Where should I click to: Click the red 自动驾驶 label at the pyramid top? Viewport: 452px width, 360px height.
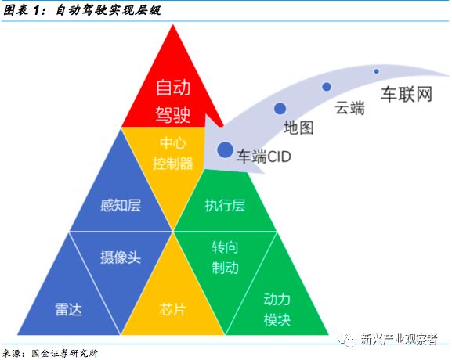tap(173, 101)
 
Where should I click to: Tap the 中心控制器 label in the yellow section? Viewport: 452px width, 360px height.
tap(172, 153)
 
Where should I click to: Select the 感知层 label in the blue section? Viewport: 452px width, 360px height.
tap(121, 205)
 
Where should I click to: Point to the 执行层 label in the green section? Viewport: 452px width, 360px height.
tap(225, 205)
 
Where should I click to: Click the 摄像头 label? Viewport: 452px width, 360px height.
tap(121, 257)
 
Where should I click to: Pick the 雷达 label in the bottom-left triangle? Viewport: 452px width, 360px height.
tap(69, 310)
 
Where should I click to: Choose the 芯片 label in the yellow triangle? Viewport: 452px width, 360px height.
tap(172, 310)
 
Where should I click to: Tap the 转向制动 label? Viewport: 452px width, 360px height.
tap(225, 257)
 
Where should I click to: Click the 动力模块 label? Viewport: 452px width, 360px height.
tap(277, 309)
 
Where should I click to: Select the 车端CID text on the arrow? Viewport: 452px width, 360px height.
tap(264, 157)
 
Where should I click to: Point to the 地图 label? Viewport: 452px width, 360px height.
tap(298, 128)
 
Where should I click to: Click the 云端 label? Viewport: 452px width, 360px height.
tap(349, 108)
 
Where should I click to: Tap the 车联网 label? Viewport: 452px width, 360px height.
tap(407, 94)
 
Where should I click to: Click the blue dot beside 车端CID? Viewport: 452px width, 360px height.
tap(225, 149)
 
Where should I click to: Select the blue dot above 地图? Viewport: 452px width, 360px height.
tap(280, 109)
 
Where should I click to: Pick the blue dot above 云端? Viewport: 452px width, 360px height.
tap(327, 86)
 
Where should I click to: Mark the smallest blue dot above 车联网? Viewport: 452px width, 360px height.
tap(377, 71)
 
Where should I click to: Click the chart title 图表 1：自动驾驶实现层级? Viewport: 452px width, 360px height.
tap(82, 11)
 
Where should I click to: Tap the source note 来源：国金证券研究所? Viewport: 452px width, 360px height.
tap(50, 353)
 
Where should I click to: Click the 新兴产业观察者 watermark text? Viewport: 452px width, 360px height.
tap(399, 339)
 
